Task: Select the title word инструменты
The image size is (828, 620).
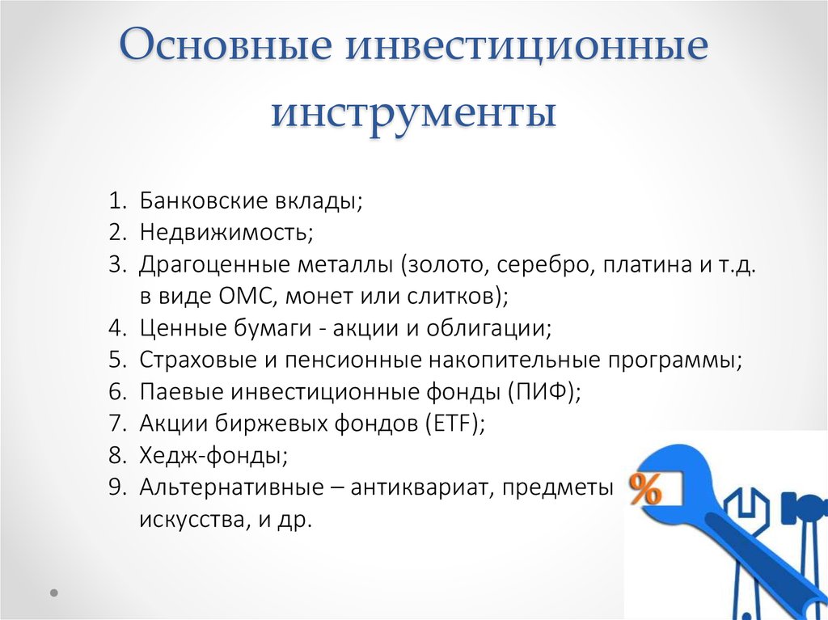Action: click(414, 114)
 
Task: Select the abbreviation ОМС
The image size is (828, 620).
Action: click(245, 296)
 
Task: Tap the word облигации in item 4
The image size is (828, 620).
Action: click(486, 328)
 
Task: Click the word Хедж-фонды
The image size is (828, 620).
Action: click(211, 455)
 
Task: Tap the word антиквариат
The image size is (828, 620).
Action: click(418, 487)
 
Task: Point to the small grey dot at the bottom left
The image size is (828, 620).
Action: click(54, 593)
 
